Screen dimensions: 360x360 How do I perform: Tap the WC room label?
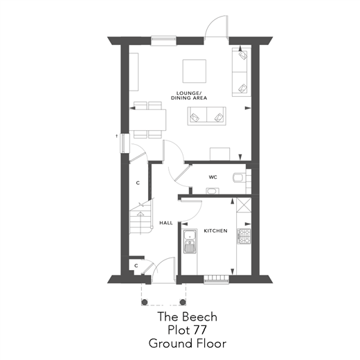(213, 177)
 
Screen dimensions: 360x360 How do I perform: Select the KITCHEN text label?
(216, 231)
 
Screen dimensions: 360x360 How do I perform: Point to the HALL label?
(166, 223)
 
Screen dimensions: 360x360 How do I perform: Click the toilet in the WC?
(240, 177)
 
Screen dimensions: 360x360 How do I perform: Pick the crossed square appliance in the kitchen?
(243, 206)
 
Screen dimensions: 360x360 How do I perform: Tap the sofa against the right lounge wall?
(241, 73)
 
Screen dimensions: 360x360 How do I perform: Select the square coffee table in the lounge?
(194, 71)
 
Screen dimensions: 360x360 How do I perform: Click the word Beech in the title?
(201, 316)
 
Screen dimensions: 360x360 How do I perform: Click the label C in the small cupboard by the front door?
(136, 265)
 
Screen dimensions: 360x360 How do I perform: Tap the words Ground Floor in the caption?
(186, 343)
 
